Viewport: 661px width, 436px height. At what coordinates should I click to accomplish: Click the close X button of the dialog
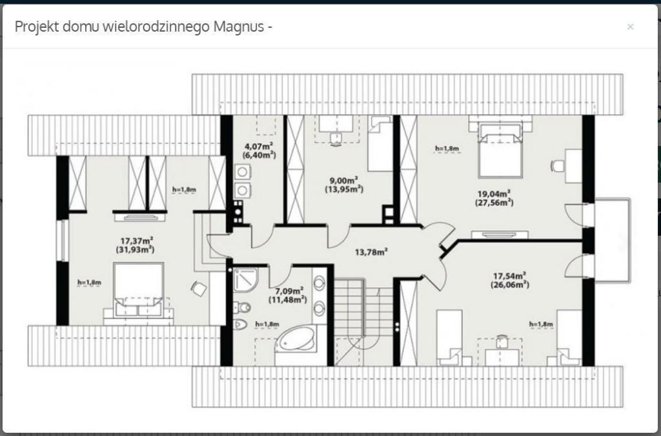[x=630, y=26]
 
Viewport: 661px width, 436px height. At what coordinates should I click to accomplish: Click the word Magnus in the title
[x=238, y=26]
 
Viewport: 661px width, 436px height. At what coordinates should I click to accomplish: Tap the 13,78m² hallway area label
[x=371, y=252]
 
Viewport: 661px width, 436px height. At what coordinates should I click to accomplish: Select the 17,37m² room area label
[x=137, y=241]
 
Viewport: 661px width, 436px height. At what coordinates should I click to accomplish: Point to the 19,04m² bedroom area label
[x=494, y=194]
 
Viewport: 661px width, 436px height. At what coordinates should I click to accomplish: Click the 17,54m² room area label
[x=509, y=276]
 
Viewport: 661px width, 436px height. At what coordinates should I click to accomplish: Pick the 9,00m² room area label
[x=343, y=180]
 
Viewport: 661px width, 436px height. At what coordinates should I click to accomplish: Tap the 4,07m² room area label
[x=259, y=147]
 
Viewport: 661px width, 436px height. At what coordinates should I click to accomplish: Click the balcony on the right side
[x=613, y=240]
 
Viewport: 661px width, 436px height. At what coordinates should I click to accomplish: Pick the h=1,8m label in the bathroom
[x=267, y=324]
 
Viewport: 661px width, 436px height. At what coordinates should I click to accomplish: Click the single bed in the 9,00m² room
[x=380, y=143]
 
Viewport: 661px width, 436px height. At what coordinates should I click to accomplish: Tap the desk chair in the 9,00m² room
[x=336, y=139]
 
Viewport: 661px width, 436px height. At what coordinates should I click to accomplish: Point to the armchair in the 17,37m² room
[x=199, y=289]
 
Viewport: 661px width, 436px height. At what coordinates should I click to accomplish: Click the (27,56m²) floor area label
[x=494, y=203]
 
